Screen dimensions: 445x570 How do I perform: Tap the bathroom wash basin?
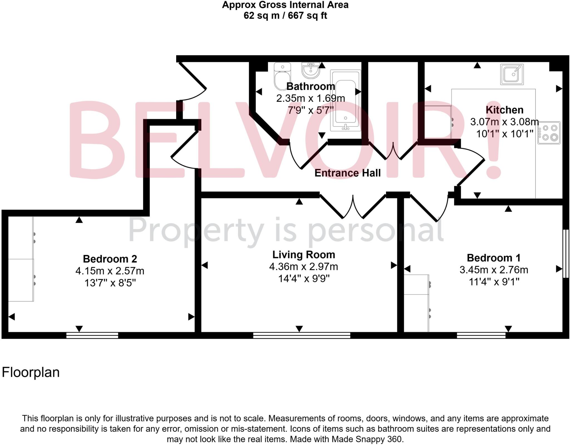coord(311,70)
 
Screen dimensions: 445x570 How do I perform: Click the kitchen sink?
coord(512,74)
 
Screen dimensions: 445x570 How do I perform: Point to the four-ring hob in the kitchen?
coord(549,132)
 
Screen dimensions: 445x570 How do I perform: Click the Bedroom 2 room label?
coord(110,259)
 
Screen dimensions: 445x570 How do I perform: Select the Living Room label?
coord(303,255)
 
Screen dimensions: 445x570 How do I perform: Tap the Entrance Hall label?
coord(347,173)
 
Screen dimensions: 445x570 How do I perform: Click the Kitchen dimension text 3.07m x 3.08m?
coord(504,122)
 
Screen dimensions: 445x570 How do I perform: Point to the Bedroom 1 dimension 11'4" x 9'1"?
coord(494,282)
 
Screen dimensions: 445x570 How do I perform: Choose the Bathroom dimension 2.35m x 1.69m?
coord(311,98)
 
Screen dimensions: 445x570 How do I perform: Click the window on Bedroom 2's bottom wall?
coord(92,335)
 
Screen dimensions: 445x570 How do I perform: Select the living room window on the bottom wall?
coord(301,335)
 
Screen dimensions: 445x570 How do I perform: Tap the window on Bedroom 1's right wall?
coord(566,253)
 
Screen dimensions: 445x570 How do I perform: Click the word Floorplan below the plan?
coord(31,372)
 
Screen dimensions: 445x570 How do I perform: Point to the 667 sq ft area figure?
coord(307,16)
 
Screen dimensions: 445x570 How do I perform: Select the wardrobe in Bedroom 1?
coord(416,303)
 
